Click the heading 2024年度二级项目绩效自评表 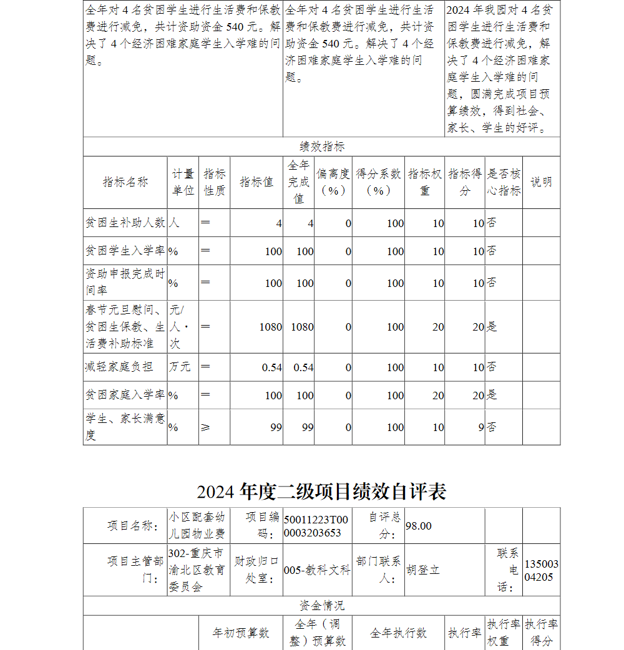click(321, 492)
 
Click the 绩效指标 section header click(321, 147)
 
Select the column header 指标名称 click(125, 182)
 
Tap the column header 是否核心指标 click(504, 182)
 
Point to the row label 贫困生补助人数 click(125, 223)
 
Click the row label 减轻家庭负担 click(119, 367)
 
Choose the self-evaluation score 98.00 click(418, 526)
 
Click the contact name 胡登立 click(422, 570)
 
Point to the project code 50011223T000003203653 click(316, 526)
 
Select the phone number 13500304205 click(541, 570)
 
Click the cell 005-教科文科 click(317, 570)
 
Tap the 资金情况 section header click(321, 605)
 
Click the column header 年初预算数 click(241, 633)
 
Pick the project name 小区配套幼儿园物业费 click(198, 526)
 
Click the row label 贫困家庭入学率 click(125, 395)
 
